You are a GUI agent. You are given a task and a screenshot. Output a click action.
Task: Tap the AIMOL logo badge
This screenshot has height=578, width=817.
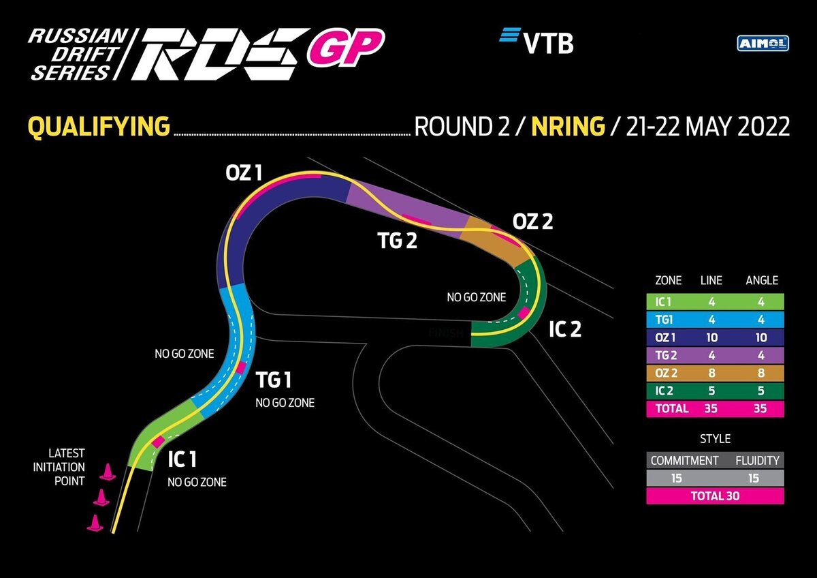tap(763, 43)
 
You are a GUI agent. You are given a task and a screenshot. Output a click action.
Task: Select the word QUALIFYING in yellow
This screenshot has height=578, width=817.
tap(99, 127)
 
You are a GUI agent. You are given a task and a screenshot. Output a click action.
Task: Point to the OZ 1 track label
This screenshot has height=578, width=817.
tap(244, 173)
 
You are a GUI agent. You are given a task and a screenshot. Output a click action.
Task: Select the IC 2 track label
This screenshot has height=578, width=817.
tap(565, 329)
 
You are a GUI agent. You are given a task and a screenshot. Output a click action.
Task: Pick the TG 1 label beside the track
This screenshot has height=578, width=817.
tap(273, 380)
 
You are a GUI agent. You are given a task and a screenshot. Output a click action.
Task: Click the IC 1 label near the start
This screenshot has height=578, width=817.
tap(182, 459)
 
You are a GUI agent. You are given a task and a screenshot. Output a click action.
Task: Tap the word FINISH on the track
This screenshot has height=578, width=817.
tap(447, 333)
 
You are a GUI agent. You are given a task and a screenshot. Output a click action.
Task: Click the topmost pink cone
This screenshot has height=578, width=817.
tap(107, 472)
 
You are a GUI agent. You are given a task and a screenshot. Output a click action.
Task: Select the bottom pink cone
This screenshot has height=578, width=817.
tap(95, 523)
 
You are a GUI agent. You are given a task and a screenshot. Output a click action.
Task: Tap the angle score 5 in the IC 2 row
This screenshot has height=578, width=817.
tap(760, 391)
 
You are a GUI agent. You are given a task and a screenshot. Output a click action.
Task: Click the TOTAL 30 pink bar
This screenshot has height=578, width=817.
tap(715, 496)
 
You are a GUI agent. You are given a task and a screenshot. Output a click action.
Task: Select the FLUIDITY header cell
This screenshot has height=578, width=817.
tap(757, 460)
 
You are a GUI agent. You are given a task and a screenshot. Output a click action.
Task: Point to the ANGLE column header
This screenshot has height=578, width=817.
tap(761, 280)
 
